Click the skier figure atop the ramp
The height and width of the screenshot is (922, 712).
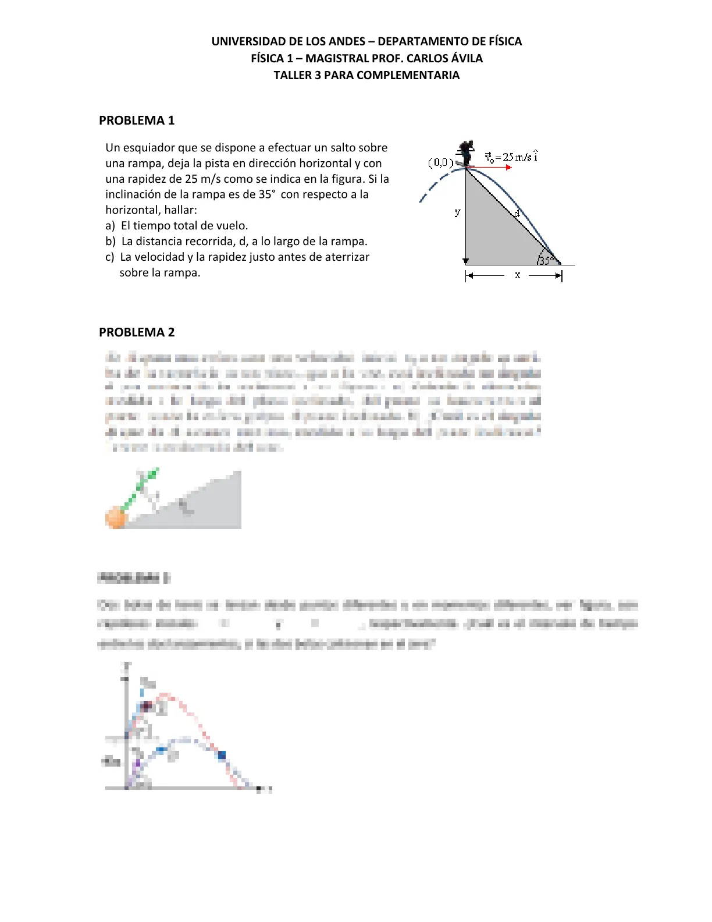(x=465, y=153)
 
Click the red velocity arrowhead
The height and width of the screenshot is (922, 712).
(x=509, y=168)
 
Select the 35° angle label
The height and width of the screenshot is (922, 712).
(x=546, y=260)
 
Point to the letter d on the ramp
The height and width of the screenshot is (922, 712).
(x=517, y=214)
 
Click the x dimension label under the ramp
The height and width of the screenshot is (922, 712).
(x=517, y=275)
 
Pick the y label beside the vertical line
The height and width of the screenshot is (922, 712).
(x=457, y=212)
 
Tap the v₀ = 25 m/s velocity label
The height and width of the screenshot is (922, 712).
(x=511, y=157)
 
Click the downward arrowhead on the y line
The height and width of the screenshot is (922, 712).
(x=465, y=261)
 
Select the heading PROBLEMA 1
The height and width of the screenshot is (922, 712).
(x=137, y=120)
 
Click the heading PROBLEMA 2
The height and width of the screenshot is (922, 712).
(x=137, y=332)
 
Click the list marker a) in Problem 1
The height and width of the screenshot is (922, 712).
(x=110, y=226)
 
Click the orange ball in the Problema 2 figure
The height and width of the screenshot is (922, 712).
(x=116, y=517)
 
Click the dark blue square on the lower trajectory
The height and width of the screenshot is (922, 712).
(x=222, y=755)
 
